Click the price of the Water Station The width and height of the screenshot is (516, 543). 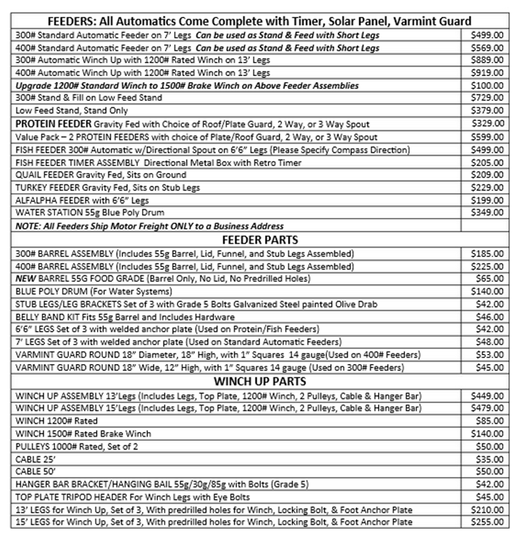487,212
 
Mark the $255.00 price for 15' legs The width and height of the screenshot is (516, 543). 487,521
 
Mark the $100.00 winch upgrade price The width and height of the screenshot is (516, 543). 487,86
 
